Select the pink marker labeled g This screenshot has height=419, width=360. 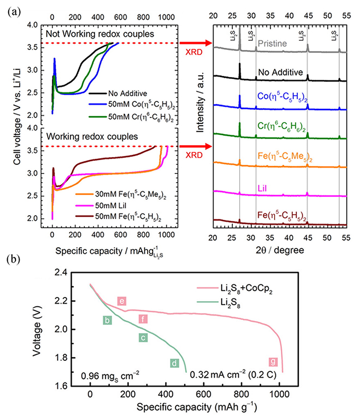[273, 361]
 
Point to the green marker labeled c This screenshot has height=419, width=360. [143, 338]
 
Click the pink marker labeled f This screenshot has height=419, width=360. [142, 320]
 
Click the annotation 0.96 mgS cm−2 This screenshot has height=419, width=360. [110, 374]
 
